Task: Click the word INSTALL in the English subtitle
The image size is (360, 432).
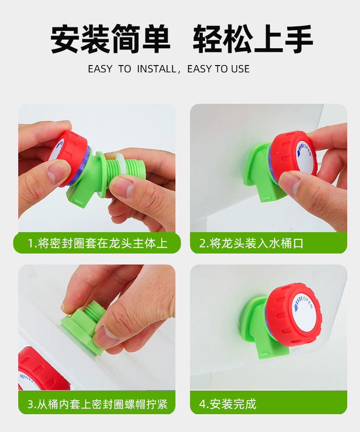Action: pyautogui.click(x=157, y=69)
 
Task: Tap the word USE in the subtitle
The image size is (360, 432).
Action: pyautogui.click(x=240, y=69)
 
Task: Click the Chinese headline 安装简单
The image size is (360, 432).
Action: pyautogui.click(x=110, y=39)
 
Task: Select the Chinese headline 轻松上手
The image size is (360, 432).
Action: pyautogui.click(x=253, y=39)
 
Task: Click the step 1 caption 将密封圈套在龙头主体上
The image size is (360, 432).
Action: pyautogui.click(x=103, y=243)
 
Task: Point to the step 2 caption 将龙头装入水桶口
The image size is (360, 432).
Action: pyautogui.click(x=257, y=243)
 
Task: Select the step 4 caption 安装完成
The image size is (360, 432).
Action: pyautogui.click(x=233, y=404)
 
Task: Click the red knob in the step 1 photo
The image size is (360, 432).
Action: pyautogui.click(x=67, y=157)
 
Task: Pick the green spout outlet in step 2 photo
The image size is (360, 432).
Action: pyautogui.click(x=268, y=194)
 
